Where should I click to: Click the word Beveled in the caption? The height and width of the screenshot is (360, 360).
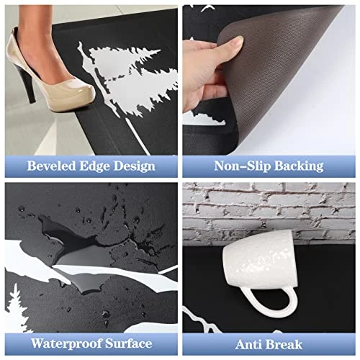click(x=51, y=166)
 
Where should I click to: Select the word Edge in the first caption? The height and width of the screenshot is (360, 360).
click(x=94, y=166)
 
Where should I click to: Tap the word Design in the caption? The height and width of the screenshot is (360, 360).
click(x=135, y=166)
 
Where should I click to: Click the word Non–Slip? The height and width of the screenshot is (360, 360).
click(x=243, y=166)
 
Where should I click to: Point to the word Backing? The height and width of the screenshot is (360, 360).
click(x=299, y=166)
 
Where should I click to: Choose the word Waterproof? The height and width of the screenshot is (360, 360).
click(x=66, y=344)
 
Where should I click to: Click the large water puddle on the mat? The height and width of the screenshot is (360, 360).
click(x=79, y=247)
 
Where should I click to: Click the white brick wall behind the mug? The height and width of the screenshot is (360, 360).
click(x=269, y=211)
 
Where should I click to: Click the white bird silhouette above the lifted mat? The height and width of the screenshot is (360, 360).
click(x=208, y=8)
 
